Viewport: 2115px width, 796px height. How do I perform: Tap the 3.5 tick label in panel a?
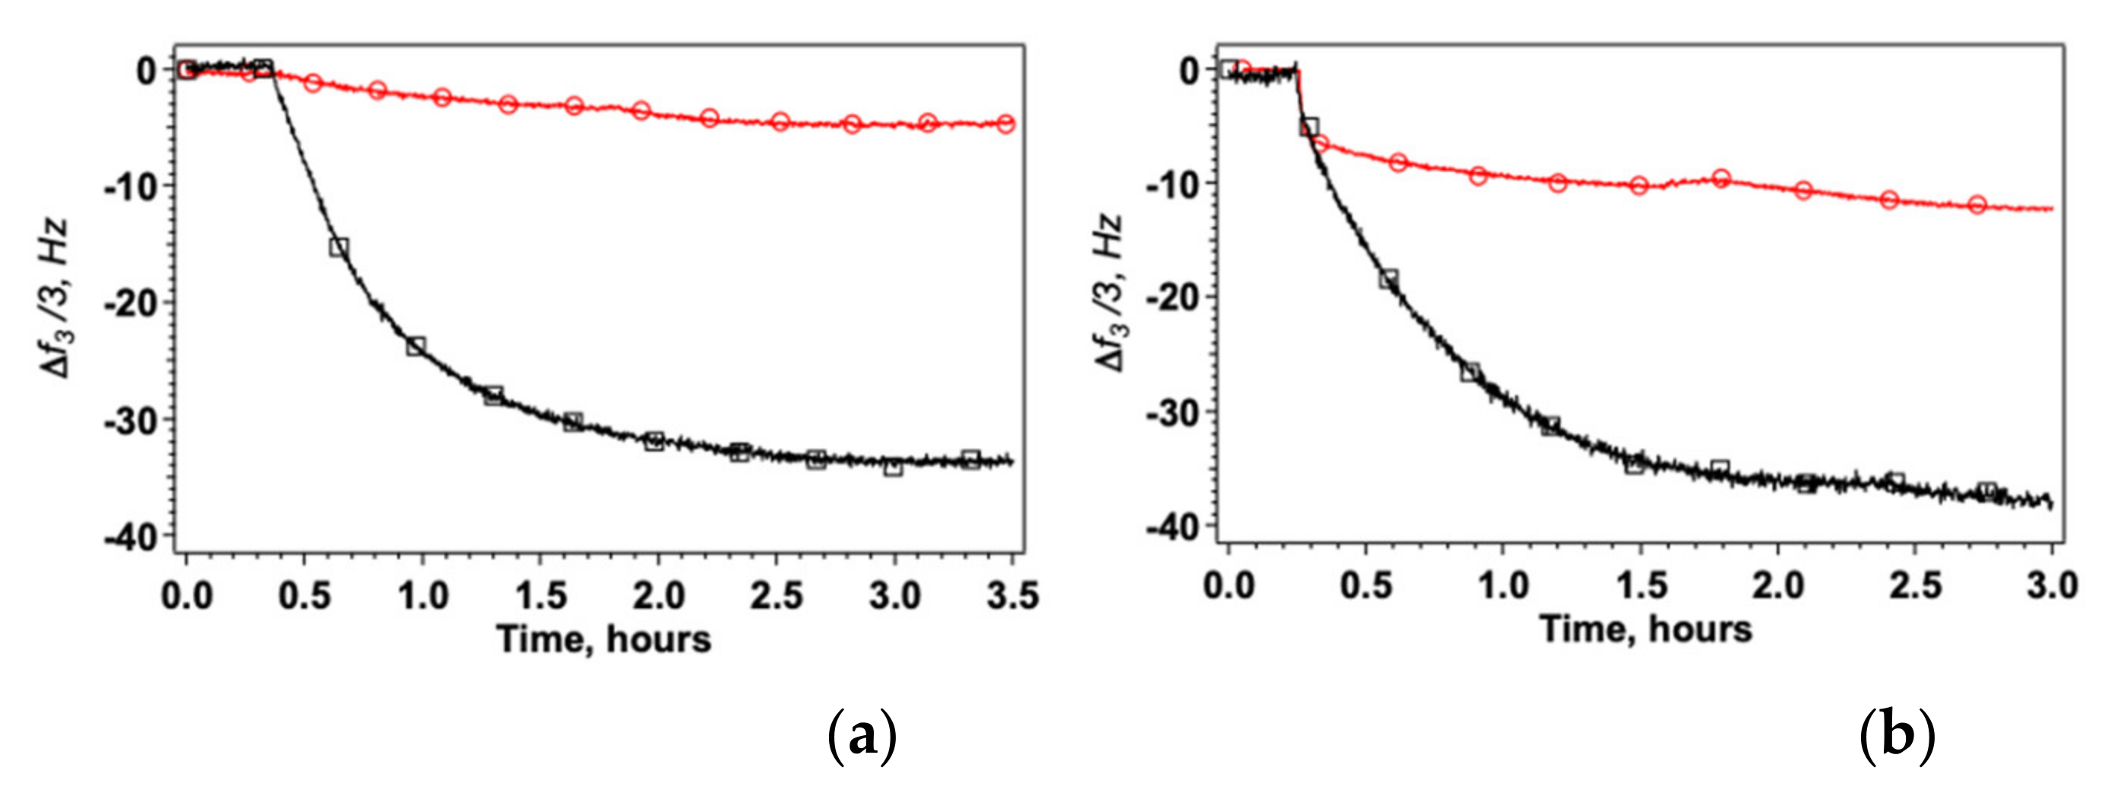click(1012, 596)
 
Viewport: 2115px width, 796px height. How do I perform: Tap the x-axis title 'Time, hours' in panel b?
click(1645, 630)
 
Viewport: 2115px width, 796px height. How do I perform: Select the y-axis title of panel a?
click(56, 299)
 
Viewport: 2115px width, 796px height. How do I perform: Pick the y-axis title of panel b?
click(1110, 293)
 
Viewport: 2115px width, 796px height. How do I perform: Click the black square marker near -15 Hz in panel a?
click(338, 247)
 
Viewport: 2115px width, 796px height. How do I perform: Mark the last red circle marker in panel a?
click(1005, 124)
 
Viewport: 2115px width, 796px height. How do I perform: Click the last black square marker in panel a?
click(971, 458)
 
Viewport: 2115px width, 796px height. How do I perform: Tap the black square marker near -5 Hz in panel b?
click(1310, 126)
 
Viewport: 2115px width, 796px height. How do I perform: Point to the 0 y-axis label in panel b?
click(1189, 71)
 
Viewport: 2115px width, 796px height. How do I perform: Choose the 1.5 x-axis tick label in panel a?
click(540, 596)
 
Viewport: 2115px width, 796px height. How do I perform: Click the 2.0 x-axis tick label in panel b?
click(1778, 586)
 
